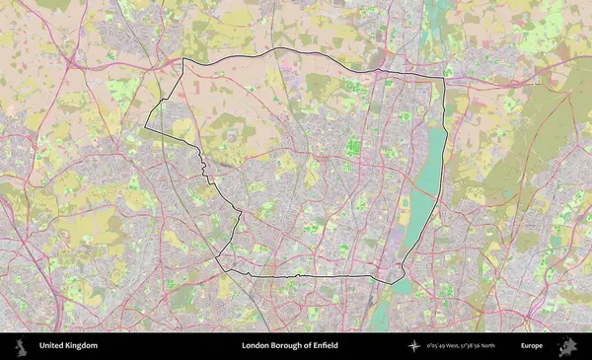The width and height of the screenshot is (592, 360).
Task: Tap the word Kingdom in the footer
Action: (82, 346)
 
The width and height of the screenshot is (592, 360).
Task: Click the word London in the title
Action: (256, 346)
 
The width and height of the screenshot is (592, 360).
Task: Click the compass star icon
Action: (414, 346)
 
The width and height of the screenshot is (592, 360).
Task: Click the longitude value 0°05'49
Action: (436, 346)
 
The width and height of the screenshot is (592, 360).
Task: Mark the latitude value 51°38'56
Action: (482, 346)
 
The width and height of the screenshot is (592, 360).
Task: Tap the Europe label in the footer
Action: (532, 346)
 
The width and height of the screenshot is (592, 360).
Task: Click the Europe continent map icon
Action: (567, 346)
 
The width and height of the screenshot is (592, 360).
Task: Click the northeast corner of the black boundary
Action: (443, 77)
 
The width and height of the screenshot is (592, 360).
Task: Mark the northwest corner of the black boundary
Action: (183, 60)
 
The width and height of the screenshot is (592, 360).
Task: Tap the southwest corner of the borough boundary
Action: (219, 258)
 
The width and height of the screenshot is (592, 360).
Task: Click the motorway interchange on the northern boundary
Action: (379, 69)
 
